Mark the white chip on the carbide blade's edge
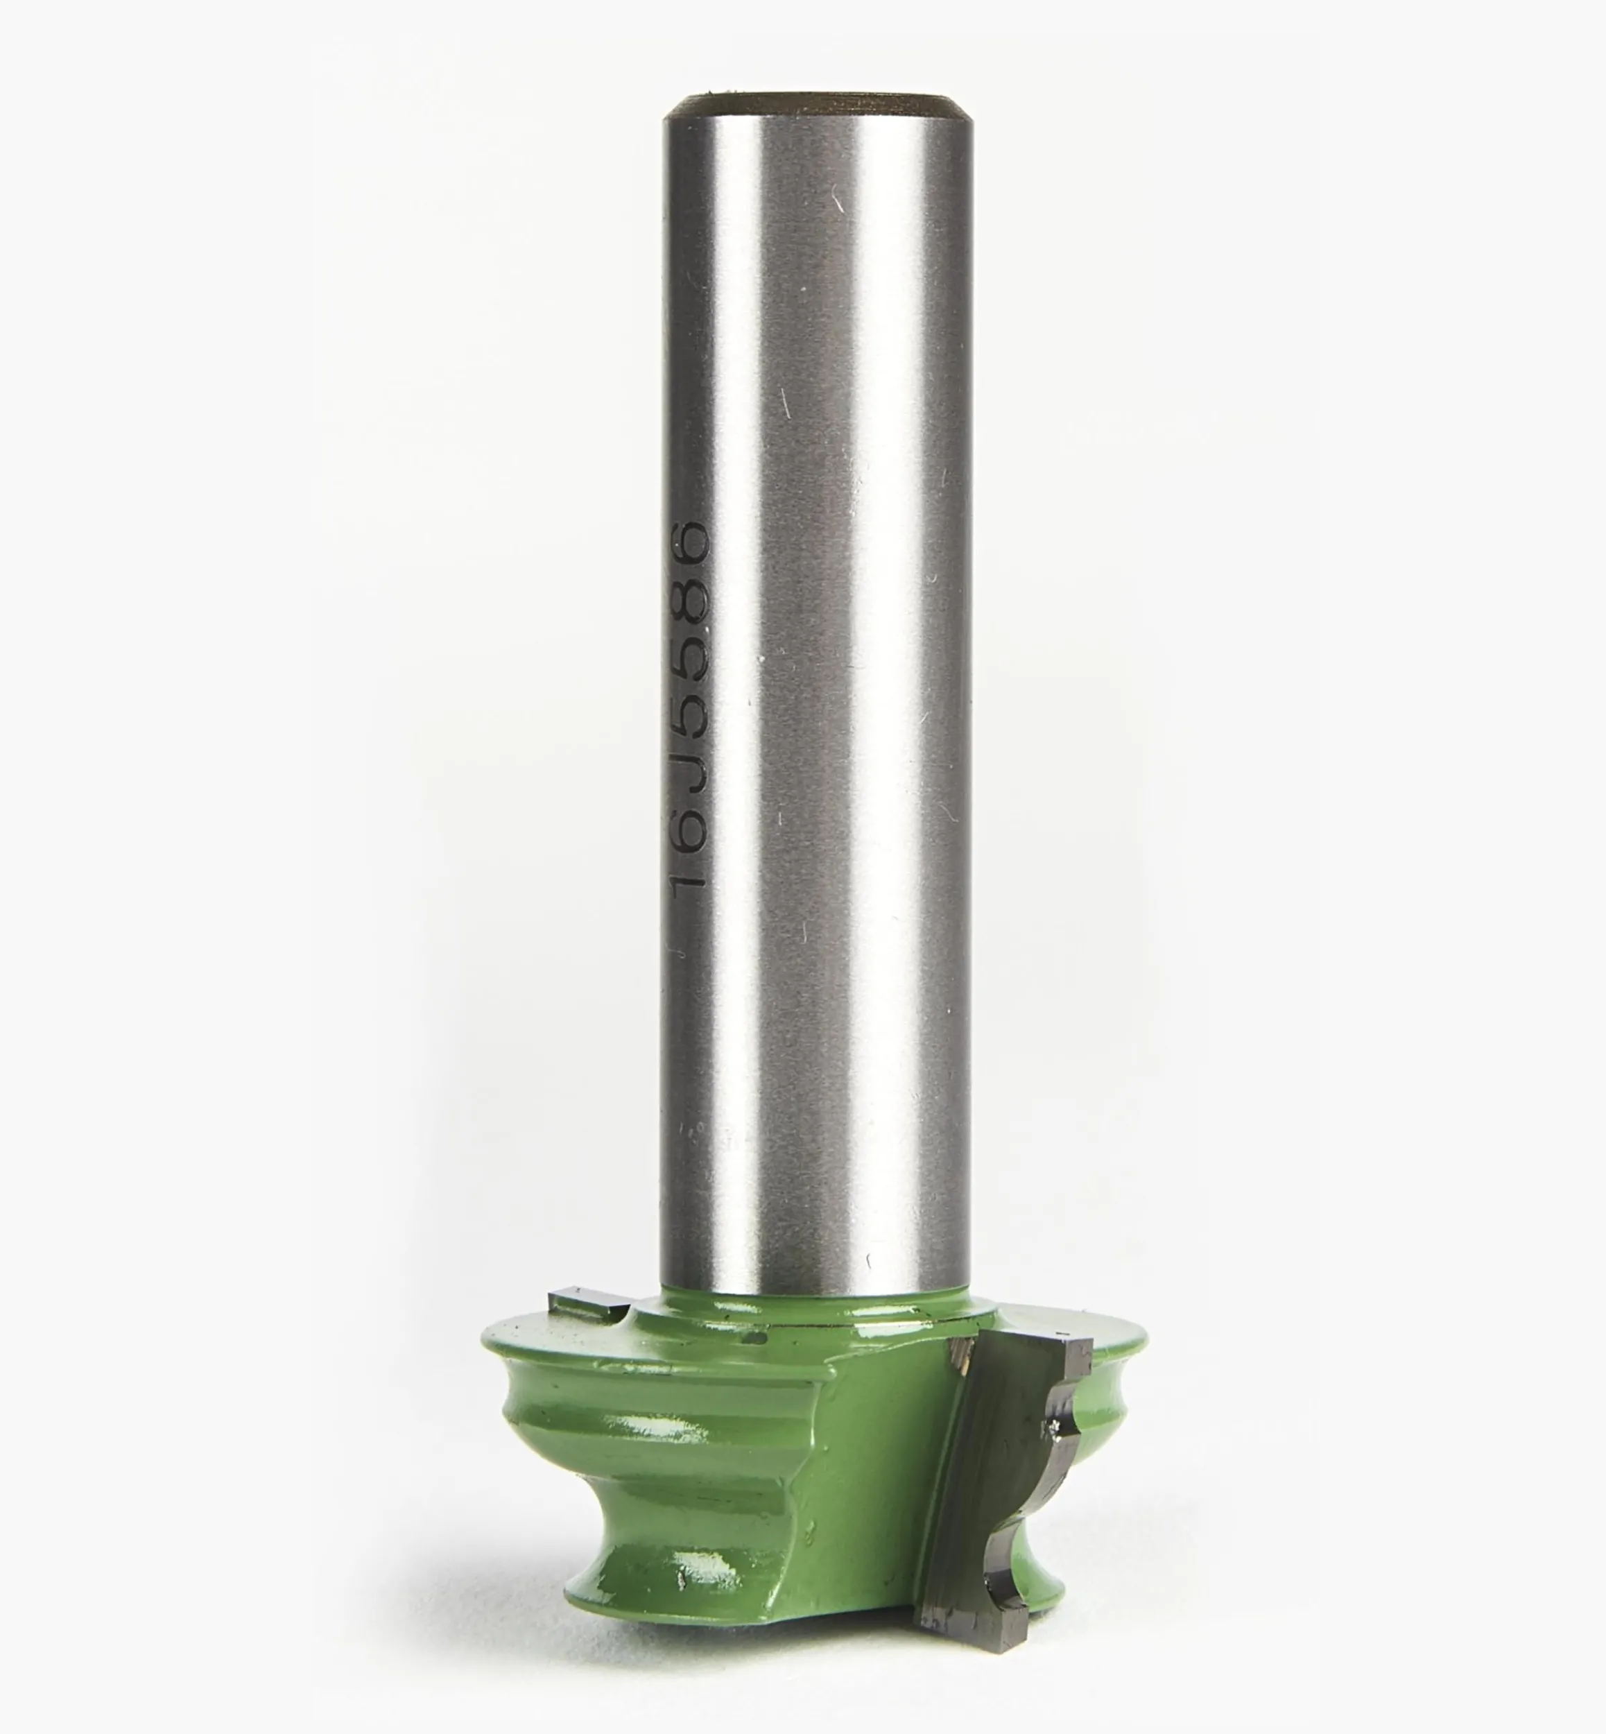coord(1053,1453)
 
